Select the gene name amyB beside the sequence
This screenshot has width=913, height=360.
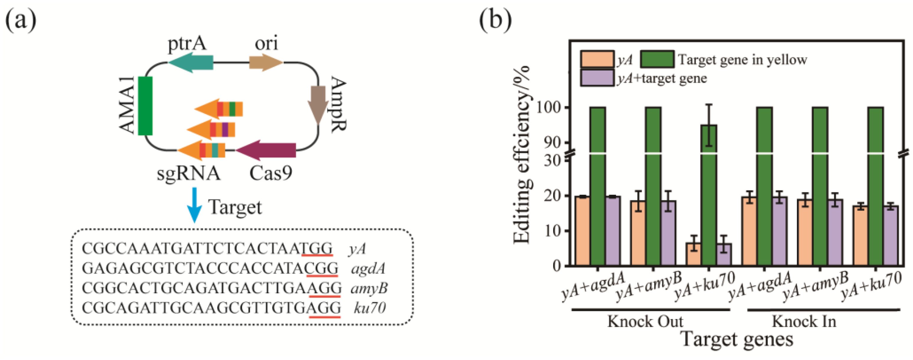[x=369, y=288]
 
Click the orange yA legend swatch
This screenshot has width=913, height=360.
[x=597, y=59]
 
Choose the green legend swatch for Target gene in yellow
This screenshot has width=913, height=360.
[x=657, y=59]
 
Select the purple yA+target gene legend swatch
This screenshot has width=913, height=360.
[x=597, y=78]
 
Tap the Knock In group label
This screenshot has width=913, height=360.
[x=804, y=322]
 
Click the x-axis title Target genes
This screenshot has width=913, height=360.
[x=737, y=339]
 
